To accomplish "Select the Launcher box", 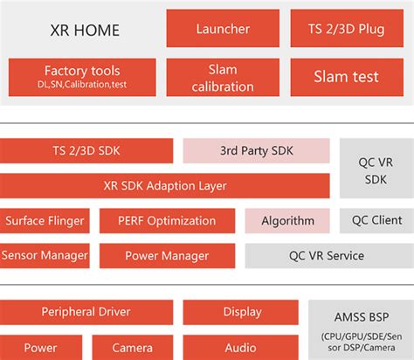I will pyautogui.click(x=223, y=28).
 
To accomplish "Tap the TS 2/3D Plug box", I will pyautogui.click(x=346, y=28).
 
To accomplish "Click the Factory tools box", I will pyautogui.click(x=81, y=76).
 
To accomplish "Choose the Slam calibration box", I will pyautogui.click(x=223, y=77).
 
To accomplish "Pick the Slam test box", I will pyautogui.click(x=346, y=77).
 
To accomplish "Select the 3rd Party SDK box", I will pyautogui.click(x=256, y=150).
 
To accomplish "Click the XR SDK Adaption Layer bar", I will pyautogui.click(x=164, y=185).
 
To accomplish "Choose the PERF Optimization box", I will pyautogui.click(x=166, y=220).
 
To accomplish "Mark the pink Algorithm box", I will pyautogui.click(x=286, y=220).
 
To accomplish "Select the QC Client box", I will pyautogui.click(x=376, y=220).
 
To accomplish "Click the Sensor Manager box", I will pyautogui.click(x=45, y=255).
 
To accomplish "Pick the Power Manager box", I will pyautogui.click(x=166, y=255).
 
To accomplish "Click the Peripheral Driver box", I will pyautogui.click(x=86, y=312).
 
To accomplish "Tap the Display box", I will pyautogui.click(x=242, y=312).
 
